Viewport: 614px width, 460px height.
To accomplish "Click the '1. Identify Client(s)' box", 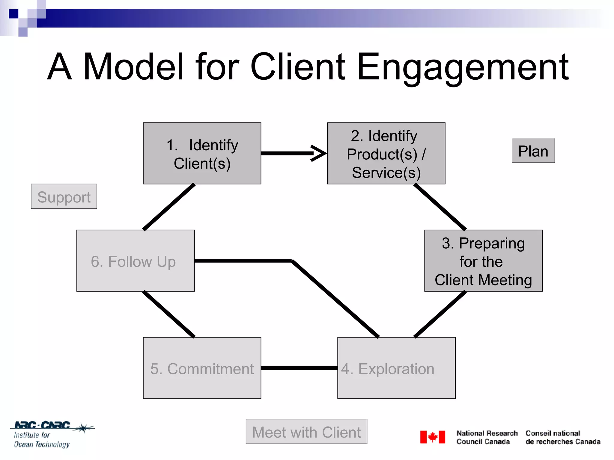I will pos(202,153).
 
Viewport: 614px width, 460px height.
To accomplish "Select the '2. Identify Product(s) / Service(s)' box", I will pos(386,153).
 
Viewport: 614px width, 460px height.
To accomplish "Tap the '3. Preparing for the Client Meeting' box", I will pos(483,261).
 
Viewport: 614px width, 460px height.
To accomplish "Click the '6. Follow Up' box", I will pos(135,261).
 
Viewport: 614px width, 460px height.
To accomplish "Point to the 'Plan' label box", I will pos(533,150).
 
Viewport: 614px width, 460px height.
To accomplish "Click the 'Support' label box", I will pos(64,196).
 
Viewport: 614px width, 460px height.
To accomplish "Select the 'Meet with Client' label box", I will pos(306,431).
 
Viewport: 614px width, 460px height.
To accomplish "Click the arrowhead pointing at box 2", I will pos(319,153).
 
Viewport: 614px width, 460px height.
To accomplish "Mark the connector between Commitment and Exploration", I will pos(299,368).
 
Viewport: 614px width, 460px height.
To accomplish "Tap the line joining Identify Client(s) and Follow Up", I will pos(169,207).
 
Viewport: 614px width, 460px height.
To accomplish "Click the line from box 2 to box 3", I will pos(440,207).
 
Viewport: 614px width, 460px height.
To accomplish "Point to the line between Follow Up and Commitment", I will pos(169,314).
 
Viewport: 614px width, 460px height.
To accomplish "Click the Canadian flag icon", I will pos(432,437).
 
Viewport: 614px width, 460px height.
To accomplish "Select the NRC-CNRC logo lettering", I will pos(42,425).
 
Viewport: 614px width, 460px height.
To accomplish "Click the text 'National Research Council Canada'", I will pos(487,437).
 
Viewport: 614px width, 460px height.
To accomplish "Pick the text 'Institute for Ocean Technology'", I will pos(41,440).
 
